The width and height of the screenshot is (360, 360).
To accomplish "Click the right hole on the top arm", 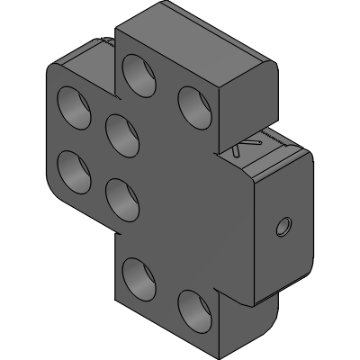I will coord(191,102).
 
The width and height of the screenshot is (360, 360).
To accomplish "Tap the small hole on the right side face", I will coord(283,225).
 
